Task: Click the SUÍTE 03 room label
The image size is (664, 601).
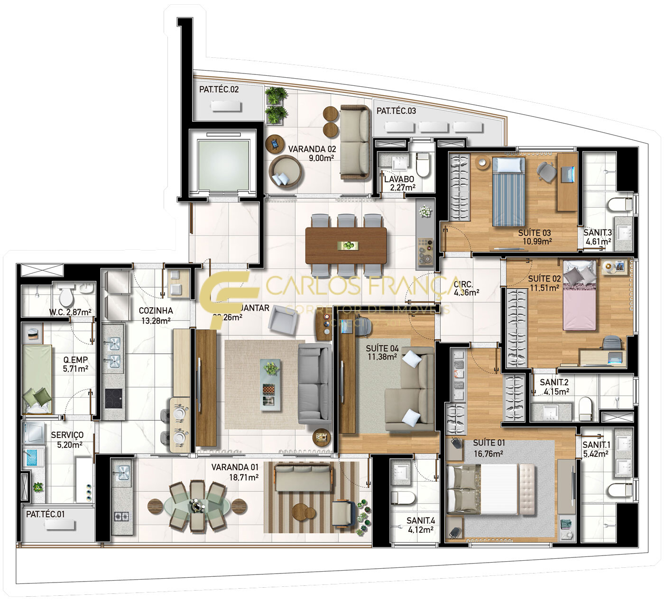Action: click(534, 233)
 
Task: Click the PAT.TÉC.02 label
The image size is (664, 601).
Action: click(219, 89)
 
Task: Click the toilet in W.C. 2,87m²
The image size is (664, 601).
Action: click(66, 297)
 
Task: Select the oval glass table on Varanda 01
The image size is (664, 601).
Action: click(196, 506)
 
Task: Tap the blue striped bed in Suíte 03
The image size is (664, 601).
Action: click(509, 192)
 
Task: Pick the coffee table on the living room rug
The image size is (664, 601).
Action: click(270, 382)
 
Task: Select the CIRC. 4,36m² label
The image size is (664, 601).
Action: click(466, 288)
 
